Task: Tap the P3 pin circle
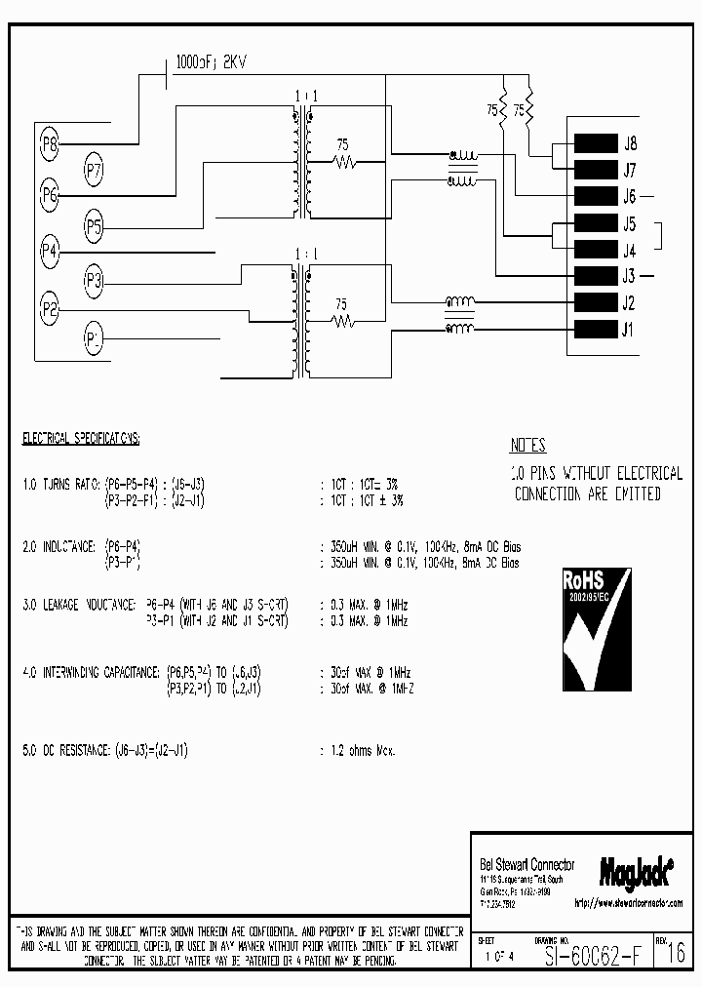coord(94,282)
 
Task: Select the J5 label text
coord(629,222)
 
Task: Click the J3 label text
coord(629,276)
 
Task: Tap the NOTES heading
coord(527,446)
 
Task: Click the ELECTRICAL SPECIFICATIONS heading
coord(81,440)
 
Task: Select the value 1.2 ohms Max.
coord(358,751)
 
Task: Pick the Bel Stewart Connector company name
coord(527,865)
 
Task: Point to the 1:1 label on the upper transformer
coord(301,96)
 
